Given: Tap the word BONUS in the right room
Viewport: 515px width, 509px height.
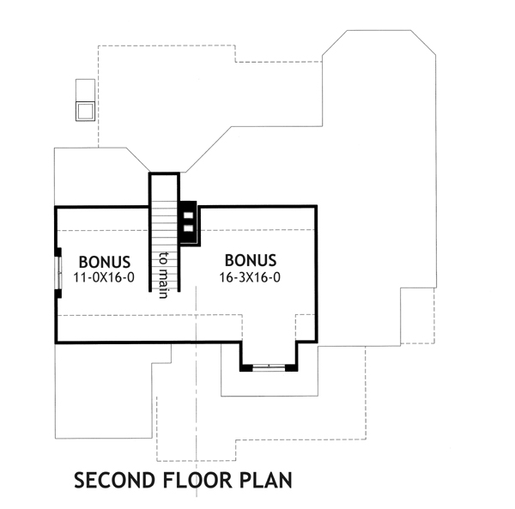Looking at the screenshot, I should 250,260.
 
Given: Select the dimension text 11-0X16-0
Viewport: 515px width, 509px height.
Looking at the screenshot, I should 105,278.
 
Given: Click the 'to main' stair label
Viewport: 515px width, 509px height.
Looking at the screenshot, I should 163,274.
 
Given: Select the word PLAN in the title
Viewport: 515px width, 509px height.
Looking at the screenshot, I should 266,479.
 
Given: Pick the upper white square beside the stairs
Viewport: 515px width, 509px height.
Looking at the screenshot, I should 188,215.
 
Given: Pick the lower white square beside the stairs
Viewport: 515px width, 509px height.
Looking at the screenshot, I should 188,229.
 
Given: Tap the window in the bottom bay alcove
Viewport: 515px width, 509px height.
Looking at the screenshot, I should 269,367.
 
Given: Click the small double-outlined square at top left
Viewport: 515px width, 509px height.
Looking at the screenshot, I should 86,111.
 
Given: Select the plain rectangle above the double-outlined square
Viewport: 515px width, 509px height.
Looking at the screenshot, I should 85,90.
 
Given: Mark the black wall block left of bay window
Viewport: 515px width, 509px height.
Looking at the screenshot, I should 245,367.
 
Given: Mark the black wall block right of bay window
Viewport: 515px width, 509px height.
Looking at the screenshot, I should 292,367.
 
